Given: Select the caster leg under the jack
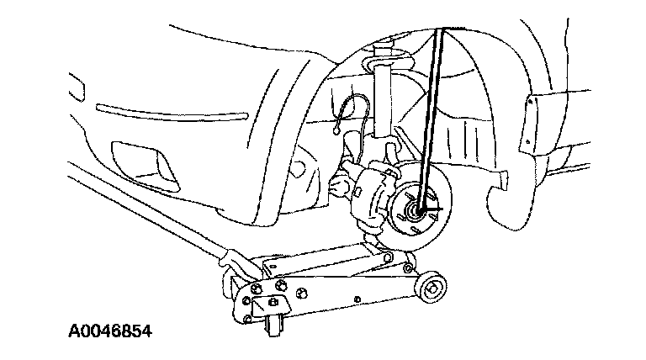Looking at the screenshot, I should pyautogui.click(x=270, y=324).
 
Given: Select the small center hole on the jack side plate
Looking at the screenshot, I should pyautogui.click(x=357, y=298).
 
